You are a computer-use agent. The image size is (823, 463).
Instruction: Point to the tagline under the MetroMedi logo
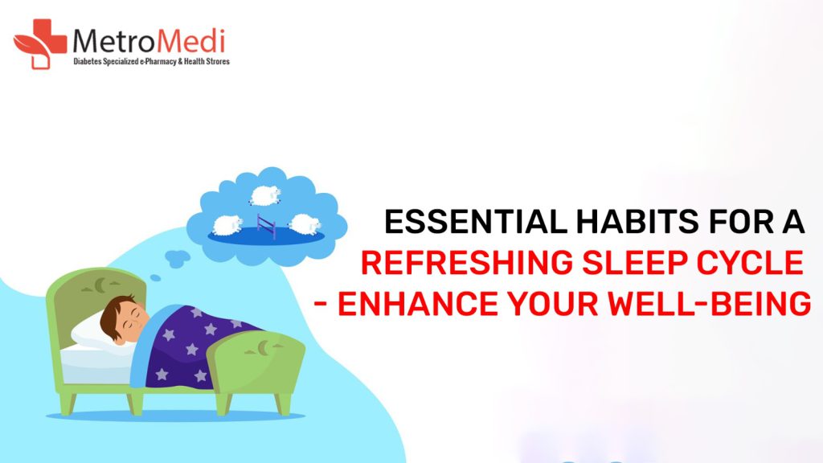pos(151,62)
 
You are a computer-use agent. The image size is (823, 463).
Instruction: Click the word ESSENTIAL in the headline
pos(476,222)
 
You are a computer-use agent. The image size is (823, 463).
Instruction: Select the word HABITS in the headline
pos(637,222)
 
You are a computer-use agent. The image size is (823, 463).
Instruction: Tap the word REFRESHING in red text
pos(467,263)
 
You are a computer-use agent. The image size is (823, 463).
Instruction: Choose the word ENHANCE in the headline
pos(417,303)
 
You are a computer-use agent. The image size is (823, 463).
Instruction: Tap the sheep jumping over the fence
pos(264,195)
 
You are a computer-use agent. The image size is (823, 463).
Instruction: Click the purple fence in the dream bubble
pos(266,226)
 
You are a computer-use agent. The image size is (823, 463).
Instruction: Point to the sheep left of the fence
pos(227,225)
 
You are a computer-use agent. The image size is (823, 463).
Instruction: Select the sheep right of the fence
pos(305,224)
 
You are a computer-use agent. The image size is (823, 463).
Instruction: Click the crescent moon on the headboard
pos(100,285)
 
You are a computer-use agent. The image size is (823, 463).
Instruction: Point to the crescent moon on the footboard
pos(264,347)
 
